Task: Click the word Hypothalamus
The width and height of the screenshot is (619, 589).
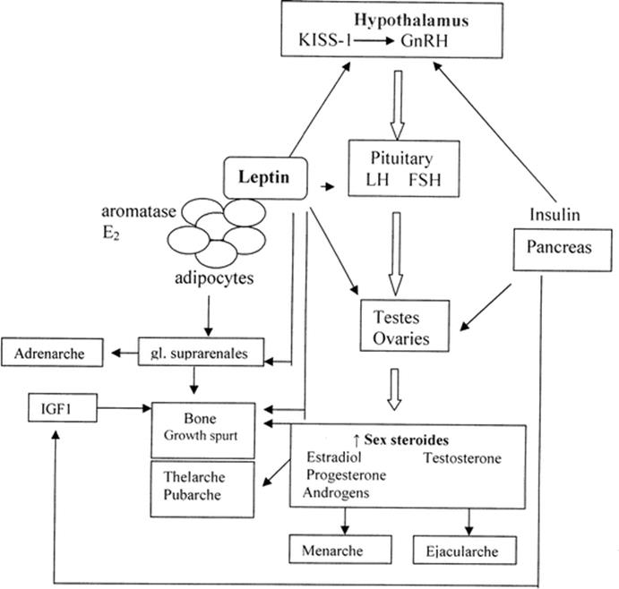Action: [411, 20]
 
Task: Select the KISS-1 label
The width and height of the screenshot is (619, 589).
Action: [325, 40]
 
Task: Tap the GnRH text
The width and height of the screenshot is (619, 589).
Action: [425, 40]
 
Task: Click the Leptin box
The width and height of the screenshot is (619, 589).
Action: [265, 177]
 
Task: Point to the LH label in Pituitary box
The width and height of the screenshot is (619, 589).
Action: [377, 180]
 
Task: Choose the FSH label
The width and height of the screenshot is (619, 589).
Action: [425, 180]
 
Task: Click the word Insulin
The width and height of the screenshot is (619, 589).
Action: [555, 215]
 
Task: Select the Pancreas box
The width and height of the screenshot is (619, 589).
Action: [563, 250]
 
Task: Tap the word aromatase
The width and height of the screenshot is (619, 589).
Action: [139, 211]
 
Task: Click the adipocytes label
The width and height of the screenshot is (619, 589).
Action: [214, 278]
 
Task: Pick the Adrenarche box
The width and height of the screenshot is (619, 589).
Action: [52, 353]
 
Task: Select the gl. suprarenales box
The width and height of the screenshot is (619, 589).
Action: [201, 352]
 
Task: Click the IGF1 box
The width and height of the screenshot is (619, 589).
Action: [63, 408]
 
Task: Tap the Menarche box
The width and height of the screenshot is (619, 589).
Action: [340, 549]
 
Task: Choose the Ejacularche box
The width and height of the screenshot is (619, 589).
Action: [465, 550]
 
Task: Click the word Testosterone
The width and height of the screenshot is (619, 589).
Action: [462, 458]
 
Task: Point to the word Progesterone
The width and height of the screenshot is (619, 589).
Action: [346, 474]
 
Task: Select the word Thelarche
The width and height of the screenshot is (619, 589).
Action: [194, 477]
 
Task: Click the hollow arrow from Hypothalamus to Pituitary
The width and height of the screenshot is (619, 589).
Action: [398, 105]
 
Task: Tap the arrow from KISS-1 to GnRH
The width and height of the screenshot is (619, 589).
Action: [373, 40]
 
